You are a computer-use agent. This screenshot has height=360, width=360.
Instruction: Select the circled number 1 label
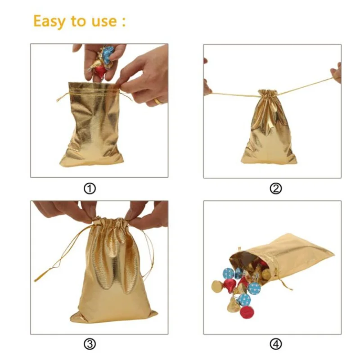90,189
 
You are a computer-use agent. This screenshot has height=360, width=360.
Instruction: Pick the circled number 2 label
275,189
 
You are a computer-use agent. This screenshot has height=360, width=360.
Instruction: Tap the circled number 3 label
90,344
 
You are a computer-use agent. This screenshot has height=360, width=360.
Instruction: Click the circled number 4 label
275,344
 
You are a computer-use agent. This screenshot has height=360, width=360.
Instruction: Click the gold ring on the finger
158,101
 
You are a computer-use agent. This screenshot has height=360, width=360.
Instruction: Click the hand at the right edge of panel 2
336,72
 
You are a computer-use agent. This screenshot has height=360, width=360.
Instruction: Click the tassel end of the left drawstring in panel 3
38,279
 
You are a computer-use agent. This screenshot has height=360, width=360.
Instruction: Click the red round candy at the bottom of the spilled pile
246,312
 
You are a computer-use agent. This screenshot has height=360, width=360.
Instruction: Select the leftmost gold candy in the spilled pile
217,286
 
